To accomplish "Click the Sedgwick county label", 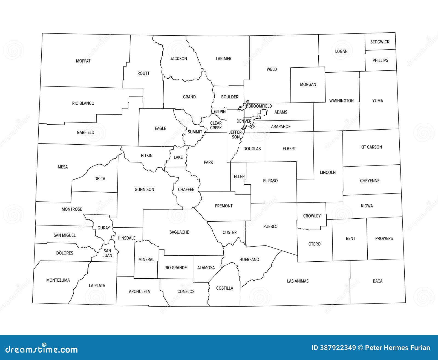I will pyautogui.click(x=380, y=42).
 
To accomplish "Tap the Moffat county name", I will pyautogui.click(x=83, y=61).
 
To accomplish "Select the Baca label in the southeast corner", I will pyautogui.click(x=378, y=281).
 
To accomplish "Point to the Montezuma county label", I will pyautogui.click(x=58, y=280).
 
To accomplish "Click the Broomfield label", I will pyautogui.click(x=260, y=106).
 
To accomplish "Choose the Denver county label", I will pyautogui.click(x=244, y=121).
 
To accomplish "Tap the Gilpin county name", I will pyautogui.click(x=220, y=112).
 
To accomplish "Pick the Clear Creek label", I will pyautogui.click(x=216, y=125).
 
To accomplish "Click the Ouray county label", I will pyautogui.click(x=104, y=228).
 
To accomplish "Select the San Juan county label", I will pyautogui.click(x=107, y=253).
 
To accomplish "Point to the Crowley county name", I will pyautogui.click(x=312, y=216).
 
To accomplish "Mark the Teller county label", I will pyautogui.click(x=238, y=176).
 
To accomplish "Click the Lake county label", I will pyautogui.click(x=178, y=157).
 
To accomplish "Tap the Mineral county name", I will pyautogui.click(x=146, y=259).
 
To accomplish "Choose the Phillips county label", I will pyautogui.click(x=380, y=60).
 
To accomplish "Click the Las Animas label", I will pyautogui.click(x=298, y=281).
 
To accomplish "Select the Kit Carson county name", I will pyautogui.click(x=371, y=147).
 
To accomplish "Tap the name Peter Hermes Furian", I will pyautogui.click(x=397, y=348).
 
